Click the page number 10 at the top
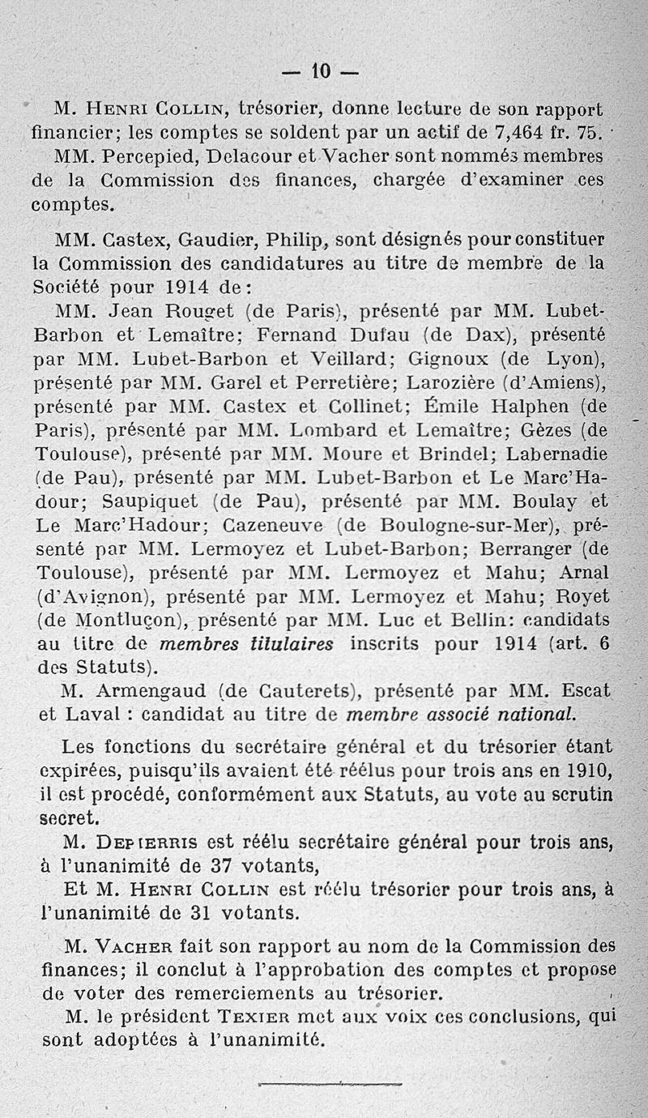click(x=323, y=73)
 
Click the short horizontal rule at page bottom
click(x=330, y=1082)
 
